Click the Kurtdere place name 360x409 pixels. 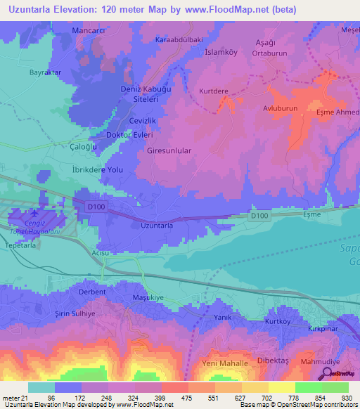pos(214,91)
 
